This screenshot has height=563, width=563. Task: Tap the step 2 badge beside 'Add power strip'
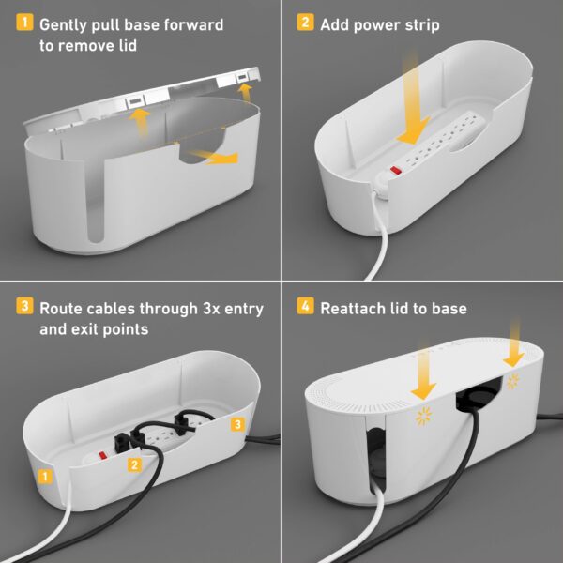tap(305, 22)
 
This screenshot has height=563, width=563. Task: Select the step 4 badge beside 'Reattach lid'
tap(305, 307)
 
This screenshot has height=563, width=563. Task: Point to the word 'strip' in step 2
tap(418, 22)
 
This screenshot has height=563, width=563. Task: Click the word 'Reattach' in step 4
tap(355, 308)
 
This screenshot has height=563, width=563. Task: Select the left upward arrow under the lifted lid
tap(141, 120)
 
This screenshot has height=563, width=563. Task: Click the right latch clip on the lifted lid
tap(243, 75)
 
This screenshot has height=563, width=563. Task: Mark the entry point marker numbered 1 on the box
tap(44, 477)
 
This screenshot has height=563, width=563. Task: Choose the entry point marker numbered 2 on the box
tap(135, 464)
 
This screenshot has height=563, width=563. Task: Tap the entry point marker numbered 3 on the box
tap(237, 426)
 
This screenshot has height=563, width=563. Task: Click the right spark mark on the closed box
tap(512, 381)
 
